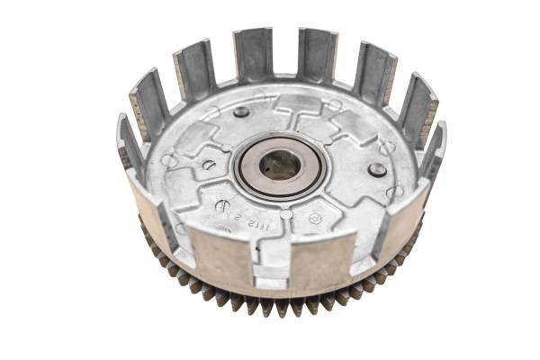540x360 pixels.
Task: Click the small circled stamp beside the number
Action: coord(315,218)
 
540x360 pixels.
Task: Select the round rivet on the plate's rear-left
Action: coord(241,112)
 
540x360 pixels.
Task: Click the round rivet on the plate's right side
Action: coord(377,169)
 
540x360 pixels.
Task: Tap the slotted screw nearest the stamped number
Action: coord(222,205)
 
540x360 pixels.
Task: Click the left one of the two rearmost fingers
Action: coord(253,54)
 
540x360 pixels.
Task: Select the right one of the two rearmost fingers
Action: coord(316,56)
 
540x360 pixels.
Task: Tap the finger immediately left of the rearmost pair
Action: coord(195,70)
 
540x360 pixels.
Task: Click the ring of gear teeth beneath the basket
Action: coord(270,301)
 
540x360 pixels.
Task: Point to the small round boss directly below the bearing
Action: coord(285,213)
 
